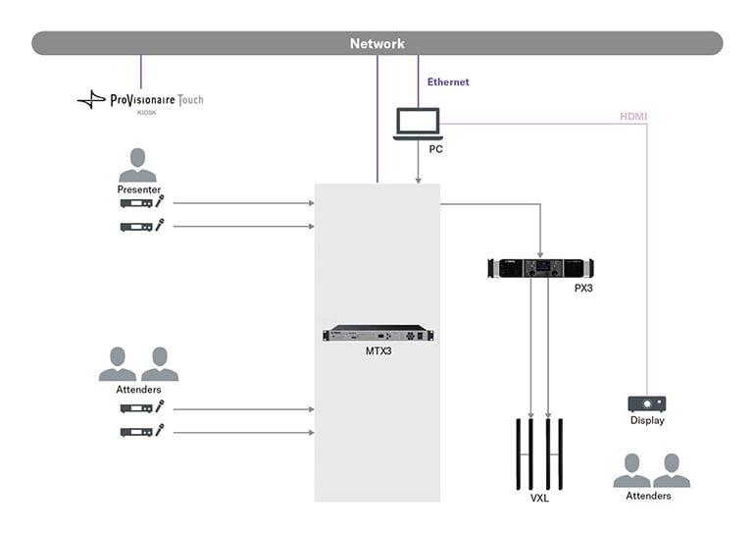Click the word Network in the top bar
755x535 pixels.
(377, 43)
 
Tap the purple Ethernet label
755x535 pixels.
(448, 82)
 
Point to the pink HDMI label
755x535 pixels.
(632, 117)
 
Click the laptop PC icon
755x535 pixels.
(418, 125)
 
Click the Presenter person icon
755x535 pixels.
(138, 164)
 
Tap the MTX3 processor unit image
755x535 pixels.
(377, 334)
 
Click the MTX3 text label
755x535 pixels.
(377, 350)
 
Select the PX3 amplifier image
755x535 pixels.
(540, 268)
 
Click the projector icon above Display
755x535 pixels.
(646, 403)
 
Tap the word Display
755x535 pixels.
(647, 421)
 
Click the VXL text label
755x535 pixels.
(539, 499)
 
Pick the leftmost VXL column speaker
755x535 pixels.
(517, 455)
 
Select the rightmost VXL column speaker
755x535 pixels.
(561, 455)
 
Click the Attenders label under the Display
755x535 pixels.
(648, 496)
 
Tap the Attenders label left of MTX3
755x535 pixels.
(138, 390)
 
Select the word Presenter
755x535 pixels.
(138, 188)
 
